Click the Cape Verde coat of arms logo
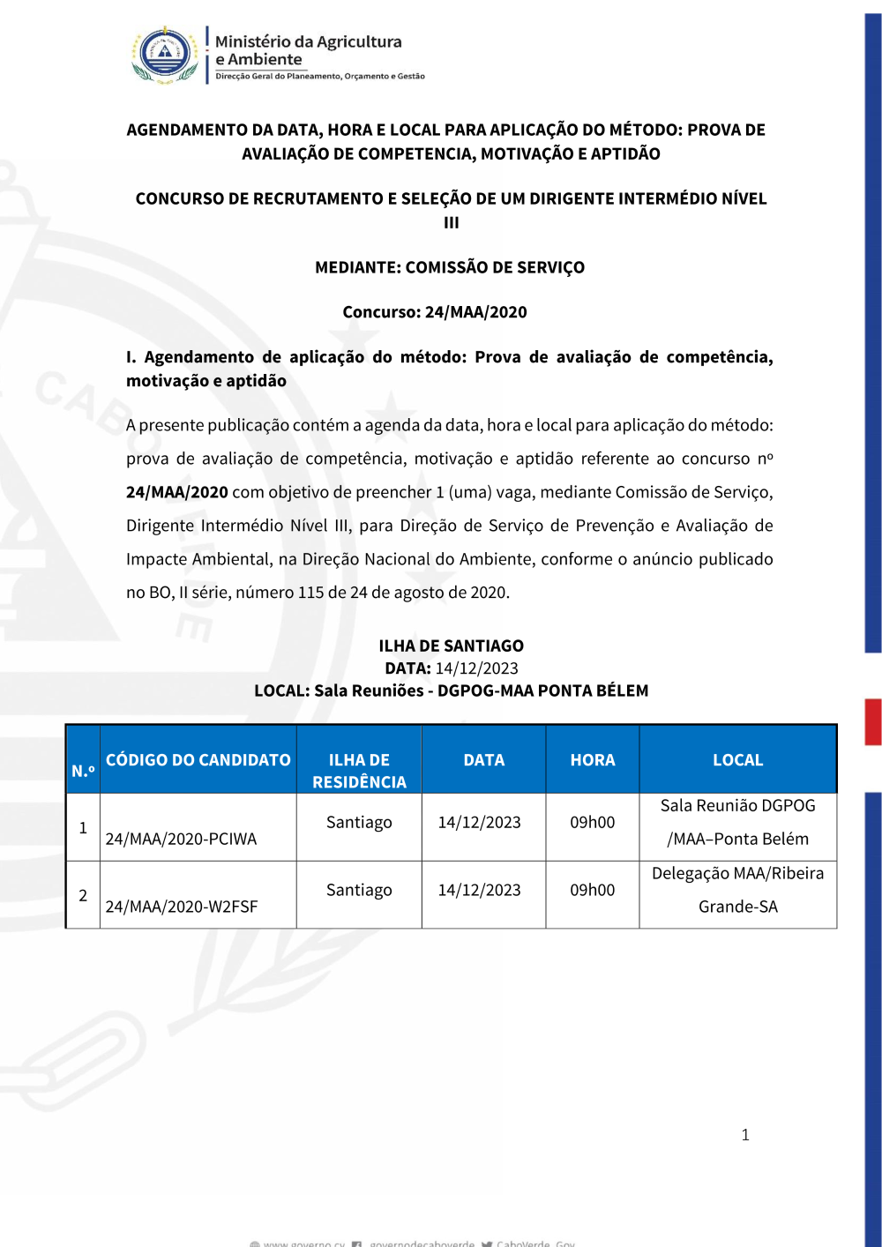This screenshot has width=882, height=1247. tap(166, 55)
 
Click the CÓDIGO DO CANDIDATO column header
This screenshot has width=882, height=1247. tap(198, 760)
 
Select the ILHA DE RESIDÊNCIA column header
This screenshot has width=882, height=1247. tap(359, 771)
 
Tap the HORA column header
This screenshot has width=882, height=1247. tap(593, 760)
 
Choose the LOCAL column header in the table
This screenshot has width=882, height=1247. tap(738, 760)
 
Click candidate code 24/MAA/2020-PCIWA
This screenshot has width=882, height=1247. tap(181, 839)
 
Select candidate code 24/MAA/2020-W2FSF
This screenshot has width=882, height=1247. tap(182, 907)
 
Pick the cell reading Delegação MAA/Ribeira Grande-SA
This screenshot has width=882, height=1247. tap(738, 890)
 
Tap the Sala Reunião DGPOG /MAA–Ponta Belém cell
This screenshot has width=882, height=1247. tap(738, 822)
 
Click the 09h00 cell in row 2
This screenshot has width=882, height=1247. tap(593, 890)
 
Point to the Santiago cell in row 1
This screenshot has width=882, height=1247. tap(359, 822)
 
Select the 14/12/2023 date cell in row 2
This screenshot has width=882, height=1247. tap(480, 890)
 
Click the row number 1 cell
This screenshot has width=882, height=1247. tap(83, 827)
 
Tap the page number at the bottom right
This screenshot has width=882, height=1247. tap(745, 1135)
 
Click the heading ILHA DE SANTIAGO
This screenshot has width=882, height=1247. tap(451, 646)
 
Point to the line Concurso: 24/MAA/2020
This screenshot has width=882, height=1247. tap(435, 312)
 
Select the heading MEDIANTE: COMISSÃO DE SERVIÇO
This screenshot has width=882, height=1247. tap(450, 267)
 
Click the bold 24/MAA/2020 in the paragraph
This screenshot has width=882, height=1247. tap(177, 492)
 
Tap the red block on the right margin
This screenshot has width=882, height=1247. tap(872, 721)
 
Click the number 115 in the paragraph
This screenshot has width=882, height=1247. tap(310, 593)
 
